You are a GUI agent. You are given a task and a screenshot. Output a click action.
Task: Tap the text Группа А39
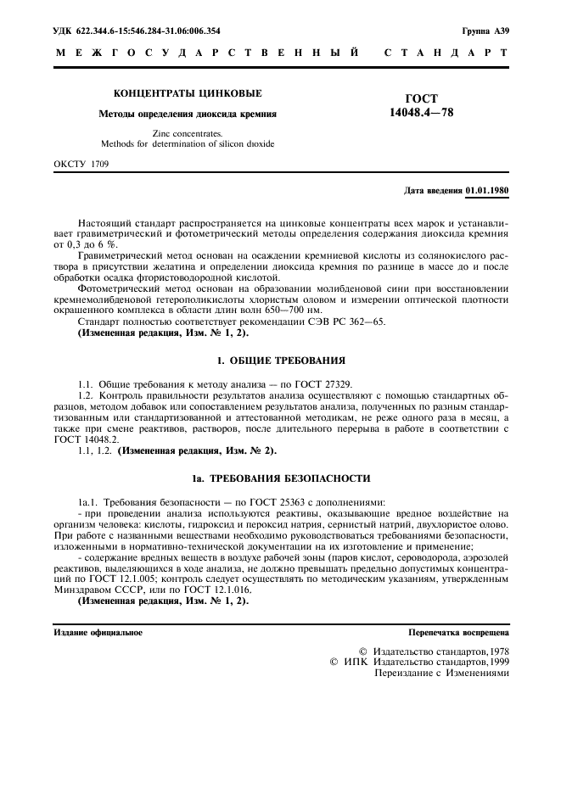(485, 31)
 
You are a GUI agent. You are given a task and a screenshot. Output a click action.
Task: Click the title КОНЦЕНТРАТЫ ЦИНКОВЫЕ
(188, 93)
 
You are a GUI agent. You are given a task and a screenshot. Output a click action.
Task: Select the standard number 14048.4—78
(422, 111)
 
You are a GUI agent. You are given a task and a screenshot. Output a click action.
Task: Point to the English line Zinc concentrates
(188, 133)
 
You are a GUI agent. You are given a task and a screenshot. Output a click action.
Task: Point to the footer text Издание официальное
(98, 632)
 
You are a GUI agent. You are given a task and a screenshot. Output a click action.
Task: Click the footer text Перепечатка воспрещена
(458, 632)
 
